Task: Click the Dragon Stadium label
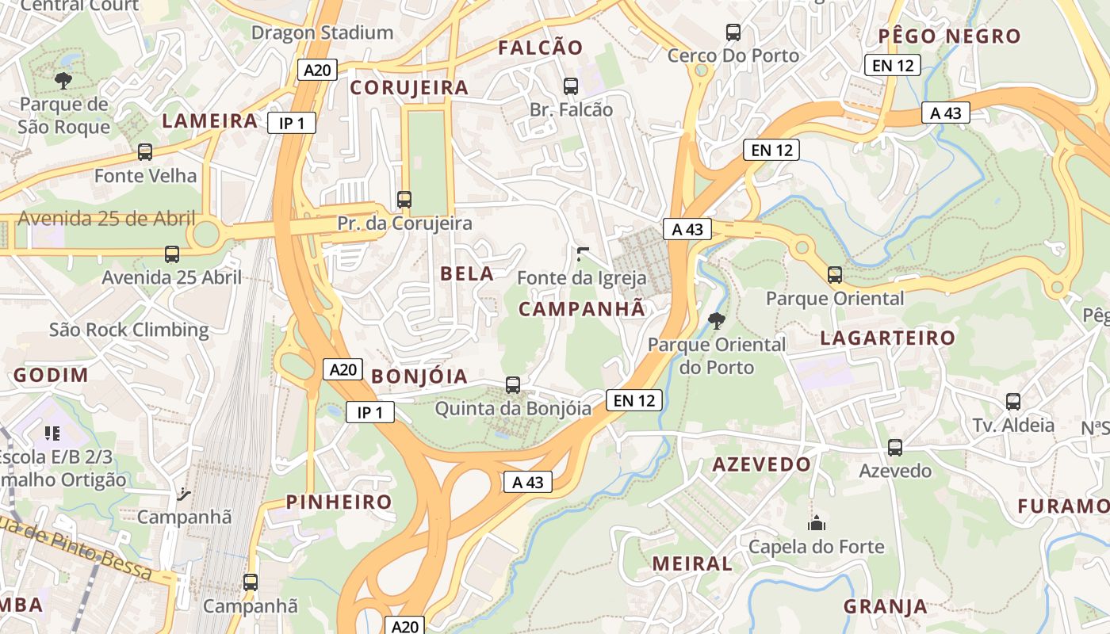coord(322,32)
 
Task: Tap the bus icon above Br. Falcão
coord(570,86)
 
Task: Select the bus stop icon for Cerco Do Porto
coord(733,32)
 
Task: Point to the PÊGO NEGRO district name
coord(949,36)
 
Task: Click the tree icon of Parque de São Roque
coord(63,80)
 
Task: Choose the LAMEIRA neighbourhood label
coord(210,121)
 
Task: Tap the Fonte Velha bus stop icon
coord(145,152)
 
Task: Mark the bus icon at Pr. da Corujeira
coord(404,200)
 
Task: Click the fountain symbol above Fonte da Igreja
coord(583,254)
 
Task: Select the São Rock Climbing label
coord(129,330)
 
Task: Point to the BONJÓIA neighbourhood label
coord(419,376)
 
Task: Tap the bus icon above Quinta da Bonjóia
coord(513,385)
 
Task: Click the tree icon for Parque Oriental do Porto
coord(716,320)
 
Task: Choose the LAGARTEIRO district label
coord(887,338)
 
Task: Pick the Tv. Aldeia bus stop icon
coord(1013,402)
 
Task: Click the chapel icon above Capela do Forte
coord(816,523)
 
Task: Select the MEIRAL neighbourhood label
coord(692,564)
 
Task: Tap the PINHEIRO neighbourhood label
coord(339,502)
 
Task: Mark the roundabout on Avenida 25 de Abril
coord(205,235)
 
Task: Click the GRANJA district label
coord(885,607)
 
